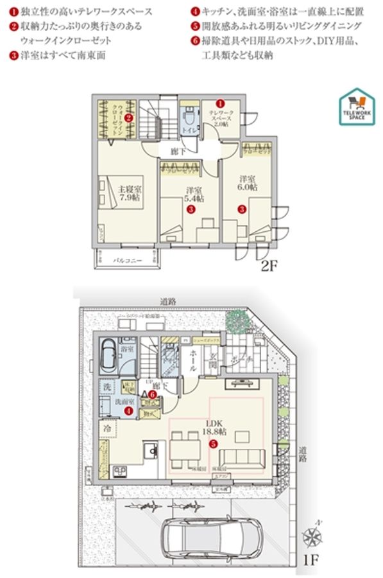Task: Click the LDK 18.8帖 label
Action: [214, 428]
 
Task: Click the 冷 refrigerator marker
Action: [105, 426]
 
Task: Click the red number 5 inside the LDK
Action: [214, 442]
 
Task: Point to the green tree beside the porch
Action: [242, 319]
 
